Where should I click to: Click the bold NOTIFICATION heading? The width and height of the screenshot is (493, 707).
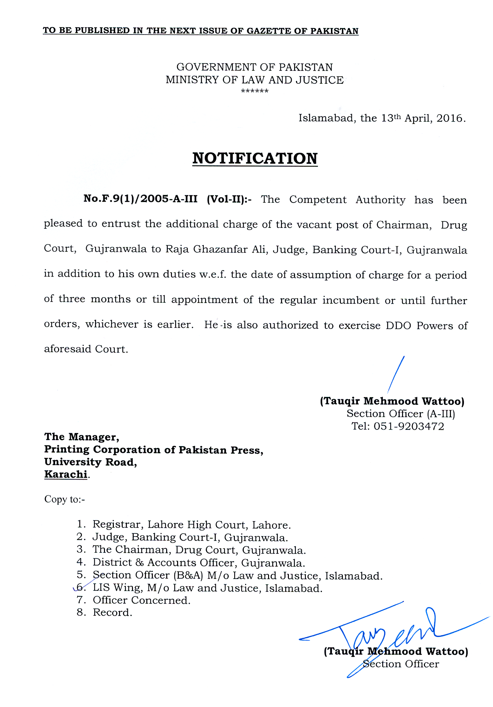255,159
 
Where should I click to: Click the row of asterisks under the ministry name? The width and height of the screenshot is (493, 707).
255,92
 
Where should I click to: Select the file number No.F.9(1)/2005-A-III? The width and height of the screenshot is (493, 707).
141,199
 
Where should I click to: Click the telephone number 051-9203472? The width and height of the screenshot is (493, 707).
409,426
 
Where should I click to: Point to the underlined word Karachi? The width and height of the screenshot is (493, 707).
66,474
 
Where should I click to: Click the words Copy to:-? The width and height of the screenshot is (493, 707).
64,499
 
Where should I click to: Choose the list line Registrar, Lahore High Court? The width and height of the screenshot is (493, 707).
191,525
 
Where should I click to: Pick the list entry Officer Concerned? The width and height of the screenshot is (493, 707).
142,600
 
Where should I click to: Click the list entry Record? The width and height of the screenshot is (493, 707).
112,612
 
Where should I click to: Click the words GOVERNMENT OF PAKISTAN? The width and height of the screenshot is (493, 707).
254,67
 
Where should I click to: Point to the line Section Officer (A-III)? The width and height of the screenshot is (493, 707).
401,414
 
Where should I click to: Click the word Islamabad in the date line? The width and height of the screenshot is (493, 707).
327,119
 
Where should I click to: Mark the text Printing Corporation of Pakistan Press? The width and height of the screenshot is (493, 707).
154,450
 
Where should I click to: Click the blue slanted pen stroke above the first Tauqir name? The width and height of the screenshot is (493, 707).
397,374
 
